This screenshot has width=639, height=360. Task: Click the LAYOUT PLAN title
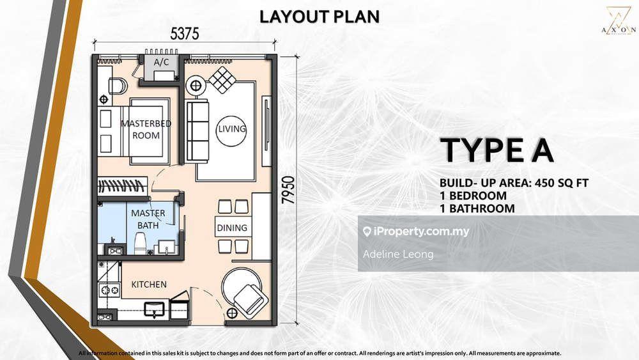click(319, 17)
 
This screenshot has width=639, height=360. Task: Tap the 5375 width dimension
click(185, 34)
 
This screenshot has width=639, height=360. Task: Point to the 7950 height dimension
click(288, 190)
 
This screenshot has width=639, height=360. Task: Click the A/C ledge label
click(162, 63)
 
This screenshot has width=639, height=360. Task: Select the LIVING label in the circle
click(231, 129)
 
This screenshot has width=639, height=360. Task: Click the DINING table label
click(232, 228)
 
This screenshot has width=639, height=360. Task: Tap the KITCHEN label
click(149, 285)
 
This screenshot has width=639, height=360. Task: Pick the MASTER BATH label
click(148, 219)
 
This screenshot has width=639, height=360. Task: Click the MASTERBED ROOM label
click(146, 129)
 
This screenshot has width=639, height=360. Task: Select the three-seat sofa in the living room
click(197, 131)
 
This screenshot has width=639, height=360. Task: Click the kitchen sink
click(155, 309)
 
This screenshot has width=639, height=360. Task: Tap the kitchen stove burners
click(109, 290)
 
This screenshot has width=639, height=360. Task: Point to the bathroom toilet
click(140, 244)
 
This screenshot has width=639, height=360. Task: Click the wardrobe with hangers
click(122, 186)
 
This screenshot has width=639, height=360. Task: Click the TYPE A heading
click(497, 150)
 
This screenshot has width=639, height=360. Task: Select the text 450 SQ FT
click(562, 183)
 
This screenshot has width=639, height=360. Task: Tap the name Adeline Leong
click(398, 254)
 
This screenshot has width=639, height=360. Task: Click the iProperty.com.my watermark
click(416, 231)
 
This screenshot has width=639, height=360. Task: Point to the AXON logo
click(618, 20)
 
